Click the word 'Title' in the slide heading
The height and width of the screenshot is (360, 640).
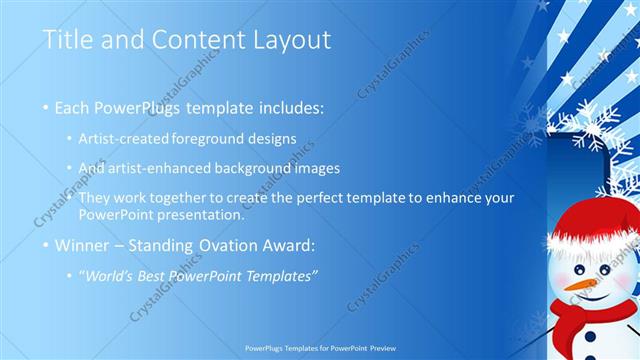[68, 41]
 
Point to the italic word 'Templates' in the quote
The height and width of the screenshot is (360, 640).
[283, 276]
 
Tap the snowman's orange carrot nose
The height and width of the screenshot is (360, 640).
[578, 284]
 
